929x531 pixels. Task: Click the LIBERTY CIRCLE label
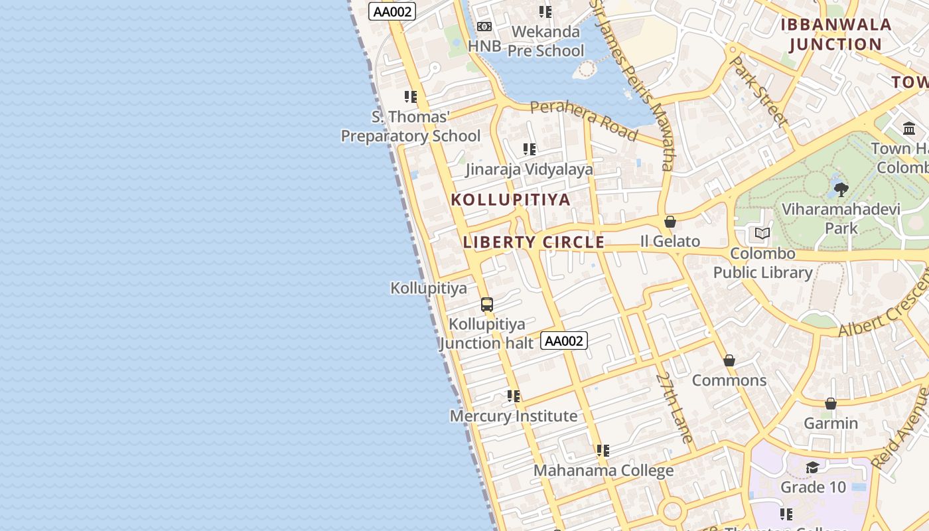tap(534, 242)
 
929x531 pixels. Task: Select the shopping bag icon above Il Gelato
tap(670, 222)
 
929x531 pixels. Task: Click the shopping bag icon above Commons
tap(729, 360)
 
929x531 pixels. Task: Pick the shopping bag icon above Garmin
tap(830, 404)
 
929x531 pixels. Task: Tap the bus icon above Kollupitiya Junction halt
tap(487, 305)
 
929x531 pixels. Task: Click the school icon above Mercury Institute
tap(513, 396)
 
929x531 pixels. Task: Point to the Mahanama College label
tap(603, 471)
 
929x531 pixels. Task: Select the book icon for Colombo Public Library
tap(762, 234)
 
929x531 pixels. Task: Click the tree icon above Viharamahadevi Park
tap(841, 190)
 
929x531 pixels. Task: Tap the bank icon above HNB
tap(484, 27)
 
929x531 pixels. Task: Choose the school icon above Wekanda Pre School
tap(545, 12)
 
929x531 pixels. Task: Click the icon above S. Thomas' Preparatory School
tap(411, 97)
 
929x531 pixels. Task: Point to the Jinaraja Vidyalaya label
tap(529, 169)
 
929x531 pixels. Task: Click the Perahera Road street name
tap(584, 121)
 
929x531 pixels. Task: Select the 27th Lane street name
tap(674, 407)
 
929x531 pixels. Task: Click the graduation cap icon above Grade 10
tap(812, 468)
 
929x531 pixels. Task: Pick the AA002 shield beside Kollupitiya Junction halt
tap(564, 341)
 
